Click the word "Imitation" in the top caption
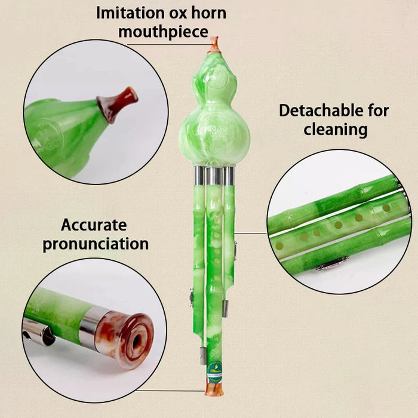click(130, 13)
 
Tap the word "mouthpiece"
click(163, 32)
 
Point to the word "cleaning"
click(336, 130)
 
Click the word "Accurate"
click(94, 225)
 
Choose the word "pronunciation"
click(96, 244)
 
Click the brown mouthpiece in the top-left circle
click(117, 103)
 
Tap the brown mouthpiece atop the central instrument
click(214, 45)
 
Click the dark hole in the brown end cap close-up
click(136, 342)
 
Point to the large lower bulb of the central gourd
click(214, 134)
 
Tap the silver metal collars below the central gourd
click(214, 176)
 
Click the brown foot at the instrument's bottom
click(214, 389)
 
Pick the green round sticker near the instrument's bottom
click(214, 368)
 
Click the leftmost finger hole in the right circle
click(279, 246)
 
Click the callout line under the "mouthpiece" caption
click(168, 45)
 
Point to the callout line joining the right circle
click(251, 233)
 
